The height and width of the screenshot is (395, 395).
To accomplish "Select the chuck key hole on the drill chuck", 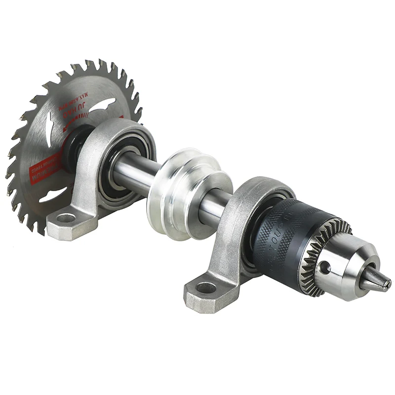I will (324, 267).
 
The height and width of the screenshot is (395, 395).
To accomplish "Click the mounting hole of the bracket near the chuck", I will (206, 288).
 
